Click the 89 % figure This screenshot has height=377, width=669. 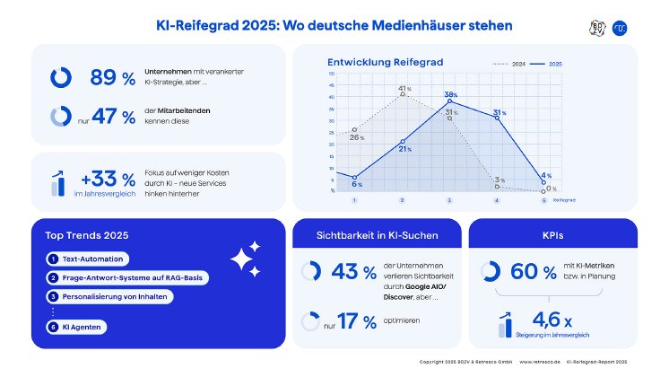click(112, 78)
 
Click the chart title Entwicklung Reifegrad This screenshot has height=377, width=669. click(372, 62)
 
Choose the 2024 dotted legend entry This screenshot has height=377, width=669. click(509, 64)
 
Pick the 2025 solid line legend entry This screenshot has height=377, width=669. click(545, 64)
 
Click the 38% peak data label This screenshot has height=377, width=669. click(450, 94)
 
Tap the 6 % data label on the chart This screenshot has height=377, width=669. click(357, 183)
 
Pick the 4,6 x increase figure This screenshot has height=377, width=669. click(552, 318)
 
